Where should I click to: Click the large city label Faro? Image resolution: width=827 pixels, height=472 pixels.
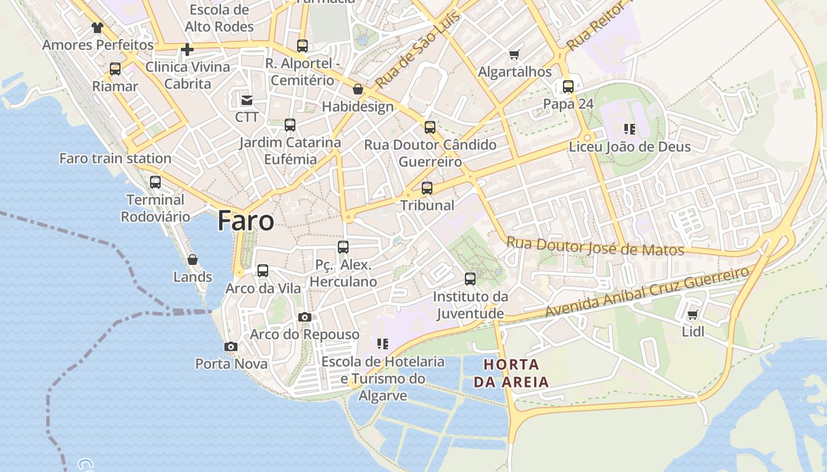point(246,221)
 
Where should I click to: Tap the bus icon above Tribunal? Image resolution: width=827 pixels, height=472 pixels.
point(427,189)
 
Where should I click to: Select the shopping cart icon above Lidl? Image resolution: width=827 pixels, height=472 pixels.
point(692,314)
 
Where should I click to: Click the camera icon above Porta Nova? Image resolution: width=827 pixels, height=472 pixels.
point(231,347)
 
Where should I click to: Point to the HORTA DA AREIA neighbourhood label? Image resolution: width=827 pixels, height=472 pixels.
point(512,373)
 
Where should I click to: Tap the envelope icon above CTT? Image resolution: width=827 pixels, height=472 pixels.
point(246,100)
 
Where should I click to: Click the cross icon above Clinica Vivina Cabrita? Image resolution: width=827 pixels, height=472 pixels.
point(187,50)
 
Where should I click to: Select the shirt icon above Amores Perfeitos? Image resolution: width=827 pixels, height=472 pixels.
point(97,28)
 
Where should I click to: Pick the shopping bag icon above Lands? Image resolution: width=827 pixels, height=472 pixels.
point(192,260)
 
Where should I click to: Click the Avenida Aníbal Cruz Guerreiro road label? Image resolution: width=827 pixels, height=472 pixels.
point(647,293)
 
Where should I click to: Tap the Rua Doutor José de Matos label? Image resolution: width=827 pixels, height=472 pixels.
point(595,246)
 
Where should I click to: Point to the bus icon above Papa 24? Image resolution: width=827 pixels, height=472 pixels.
point(568,87)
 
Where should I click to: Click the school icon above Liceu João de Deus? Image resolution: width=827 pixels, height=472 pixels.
point(630,129)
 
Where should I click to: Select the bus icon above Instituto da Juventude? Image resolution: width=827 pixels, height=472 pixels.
point(470,279)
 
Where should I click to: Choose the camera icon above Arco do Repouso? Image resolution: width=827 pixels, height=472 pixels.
point(305,317)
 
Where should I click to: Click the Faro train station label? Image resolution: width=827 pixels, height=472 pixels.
point(115,158)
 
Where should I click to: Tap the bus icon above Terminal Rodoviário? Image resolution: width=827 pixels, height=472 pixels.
point(155,182)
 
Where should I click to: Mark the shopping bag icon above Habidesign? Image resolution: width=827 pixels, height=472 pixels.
point(358,90)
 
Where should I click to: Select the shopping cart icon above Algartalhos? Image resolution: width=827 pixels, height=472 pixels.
point(514,55)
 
